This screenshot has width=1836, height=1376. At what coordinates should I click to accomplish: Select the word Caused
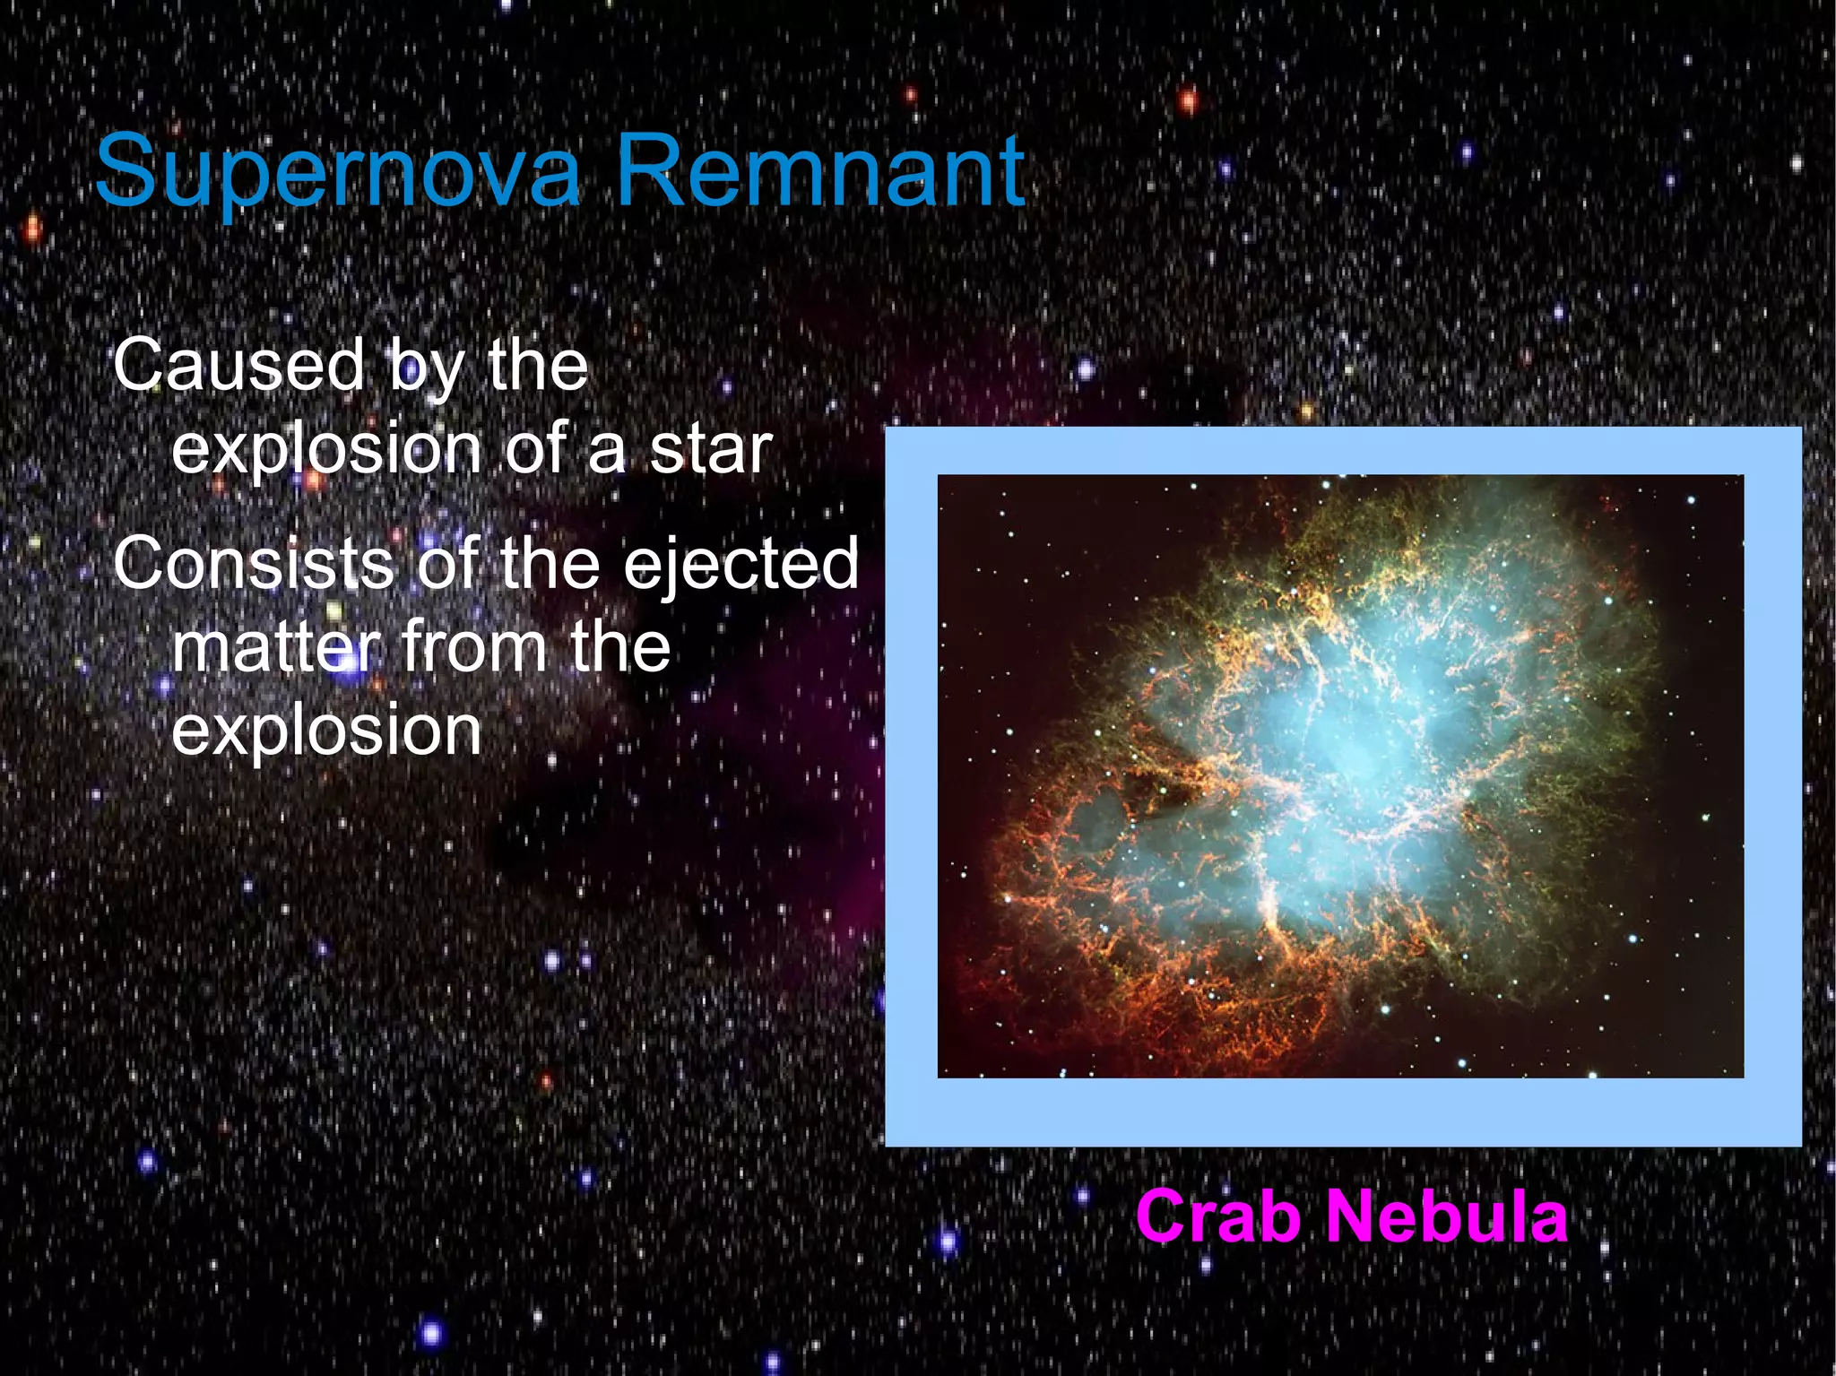tap(238, 365)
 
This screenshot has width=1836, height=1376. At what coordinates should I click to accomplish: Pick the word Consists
tap(254, 563)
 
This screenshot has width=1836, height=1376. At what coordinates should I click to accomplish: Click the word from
tap(473, 646)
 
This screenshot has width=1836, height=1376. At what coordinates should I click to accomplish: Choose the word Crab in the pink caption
tap(1218, 1216)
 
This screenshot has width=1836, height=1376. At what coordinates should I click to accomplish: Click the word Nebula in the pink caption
tap(1446, 1216)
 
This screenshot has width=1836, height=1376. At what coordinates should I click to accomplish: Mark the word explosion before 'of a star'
tap(326, 451)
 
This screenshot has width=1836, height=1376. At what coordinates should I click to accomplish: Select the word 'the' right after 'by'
tap(538, 365)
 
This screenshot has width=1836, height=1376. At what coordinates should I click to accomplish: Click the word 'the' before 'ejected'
tap(550, 563)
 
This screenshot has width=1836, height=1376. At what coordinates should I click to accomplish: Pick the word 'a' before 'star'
tap(607, 451)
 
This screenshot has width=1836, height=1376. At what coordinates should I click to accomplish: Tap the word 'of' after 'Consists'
tap(446, 563)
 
